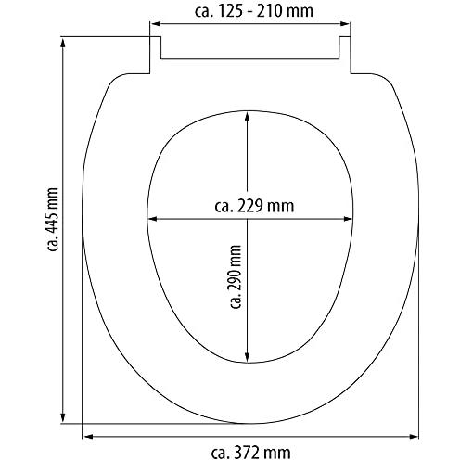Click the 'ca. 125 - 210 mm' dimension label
click(254, 11)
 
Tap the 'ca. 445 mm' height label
click(53, 219)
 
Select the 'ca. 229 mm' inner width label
click(254, 206)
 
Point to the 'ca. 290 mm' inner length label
click(236, 276)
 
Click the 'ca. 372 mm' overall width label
click(250, 453)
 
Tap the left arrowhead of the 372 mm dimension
click(88, 437)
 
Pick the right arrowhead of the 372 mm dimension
click(414, 437)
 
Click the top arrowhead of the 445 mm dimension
click(63, 43)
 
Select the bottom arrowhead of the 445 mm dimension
click(63, 417)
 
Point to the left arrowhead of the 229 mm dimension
click(153, 219)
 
